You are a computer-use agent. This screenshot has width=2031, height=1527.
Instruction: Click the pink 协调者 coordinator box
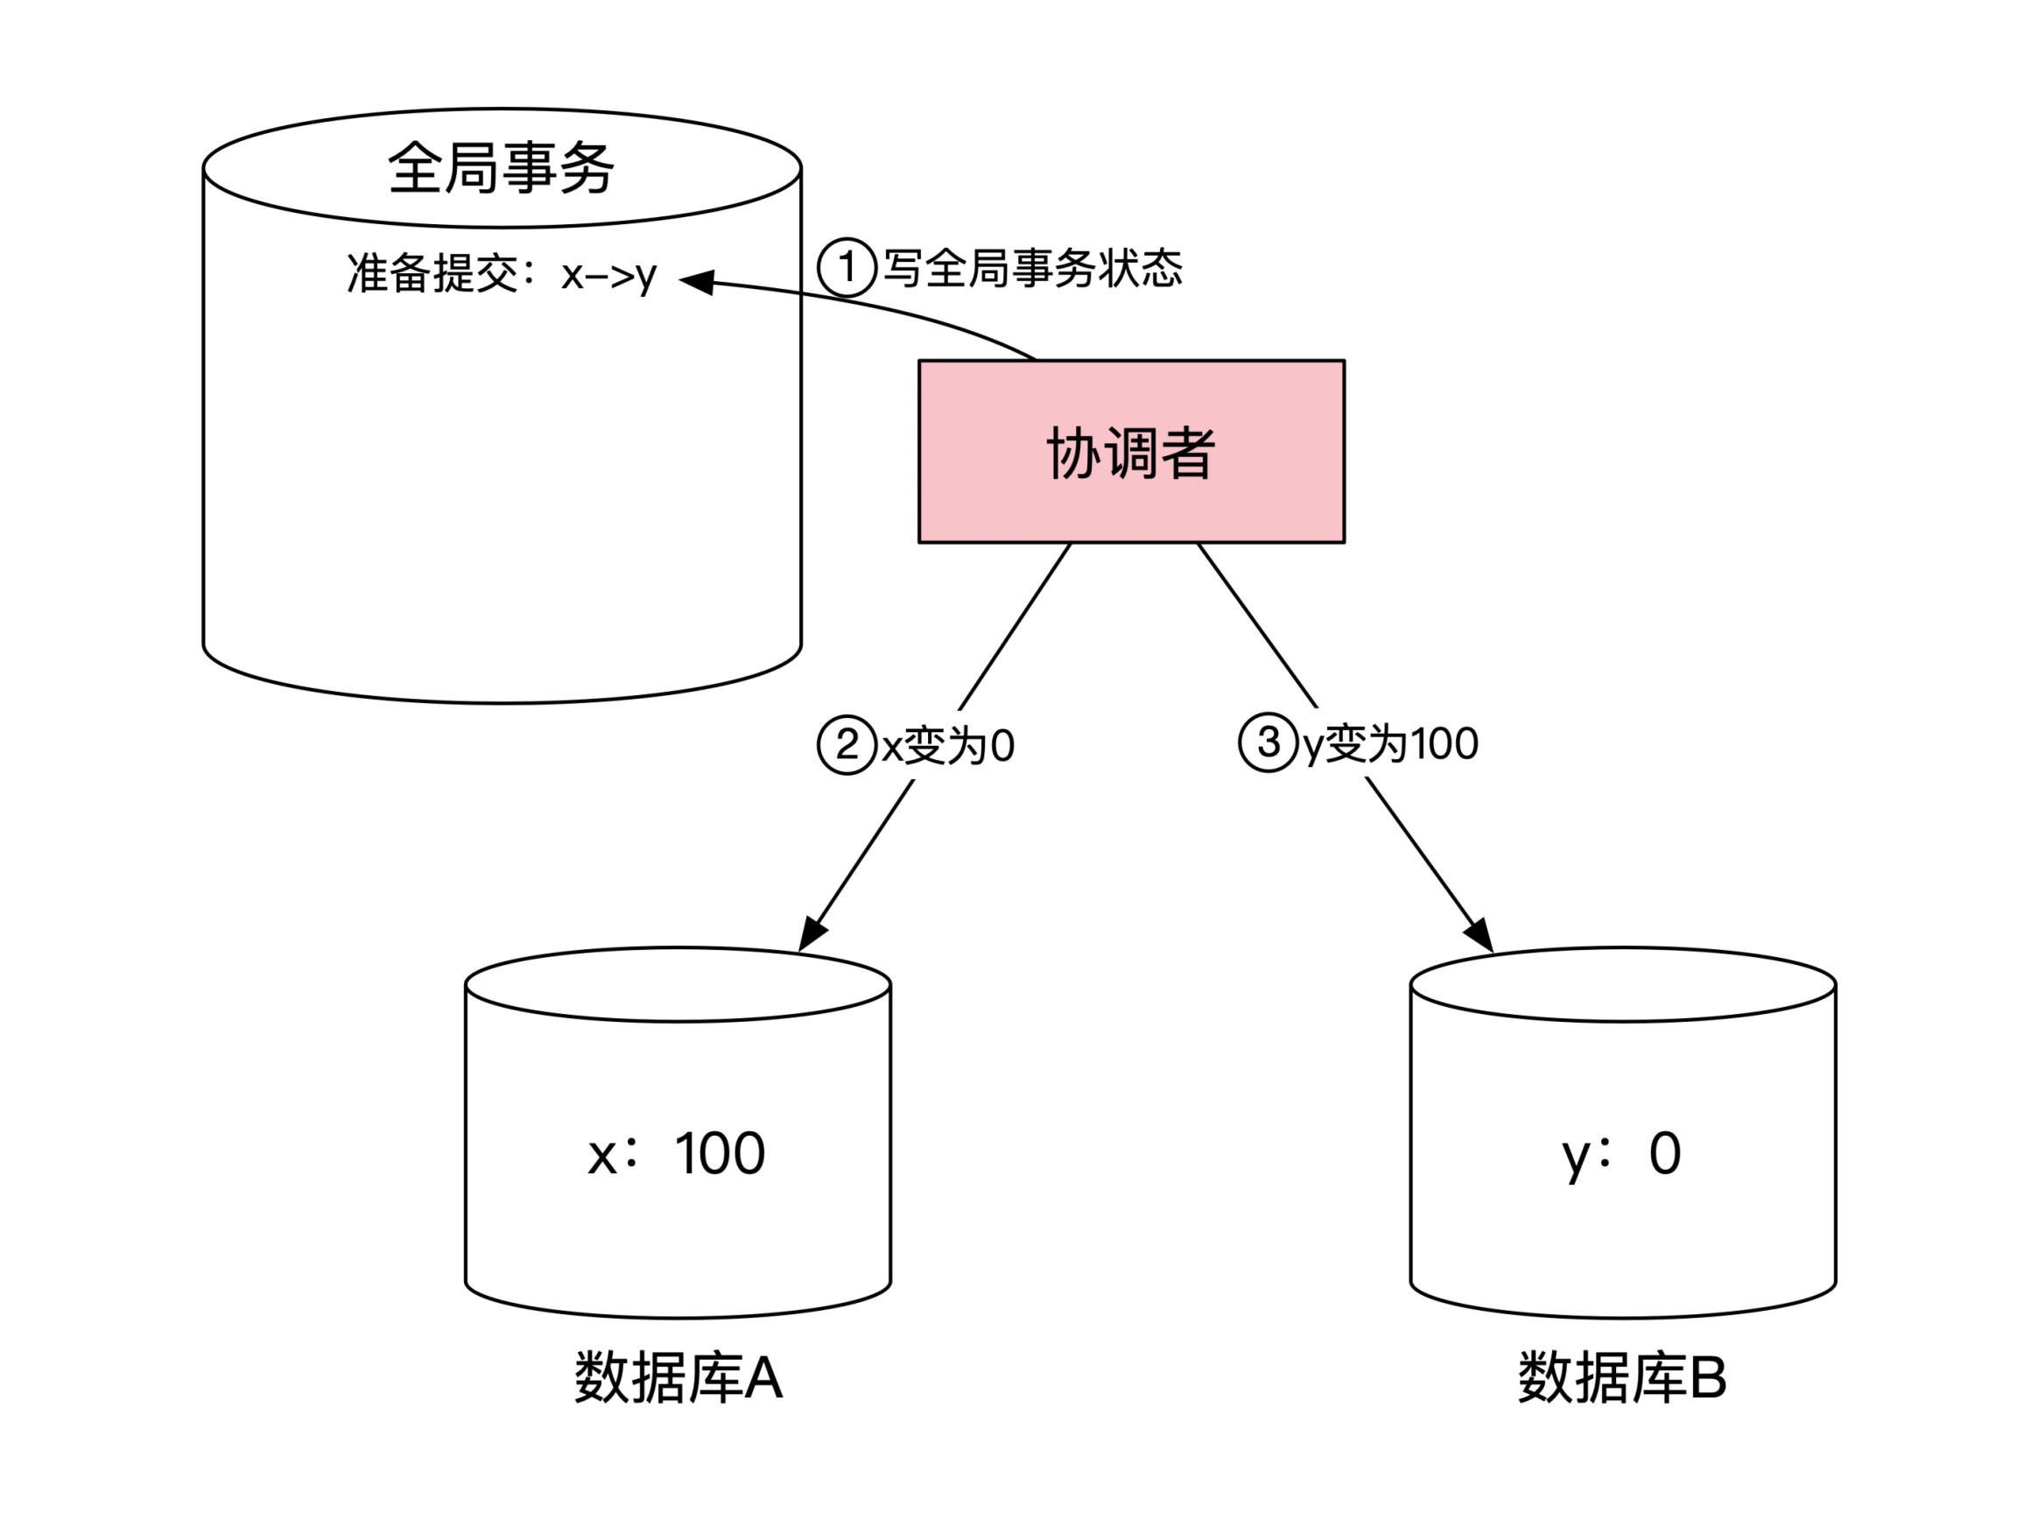pyautogui.click(x=1130, y=452)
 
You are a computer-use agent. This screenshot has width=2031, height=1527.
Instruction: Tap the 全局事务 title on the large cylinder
pyautogui.click(x=501, y=168)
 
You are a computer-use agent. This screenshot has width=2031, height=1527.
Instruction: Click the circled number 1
pyautogui.click(x=846, y=267)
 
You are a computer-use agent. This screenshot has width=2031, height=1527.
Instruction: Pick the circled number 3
pyautogui.click(x=1267, y=742)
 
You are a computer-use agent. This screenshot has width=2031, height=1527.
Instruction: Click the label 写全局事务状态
pyautogui.click(x=1032, y=268)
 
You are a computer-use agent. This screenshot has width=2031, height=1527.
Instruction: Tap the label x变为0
pyautogui.click(x=947, y=745)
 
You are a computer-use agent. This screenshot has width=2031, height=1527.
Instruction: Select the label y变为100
pyautogui.click(x=1390, y=742)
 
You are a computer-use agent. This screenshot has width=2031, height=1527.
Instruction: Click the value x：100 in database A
pyautogui.click(x=677, y=1153)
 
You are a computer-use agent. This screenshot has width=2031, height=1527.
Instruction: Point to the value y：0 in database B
pyautogui.click(x=1621, y=1153)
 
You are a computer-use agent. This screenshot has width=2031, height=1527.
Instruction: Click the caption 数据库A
pyautogui.click(x=678, y=1377)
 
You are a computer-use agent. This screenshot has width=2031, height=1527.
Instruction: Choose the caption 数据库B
pyautogui.click(x=1621, y=1377)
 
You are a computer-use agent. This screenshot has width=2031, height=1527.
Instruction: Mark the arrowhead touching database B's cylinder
pyautogui.click(x=1479, y=935)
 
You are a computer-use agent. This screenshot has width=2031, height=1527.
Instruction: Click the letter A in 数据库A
pyautogui.click(x=763, y=1377)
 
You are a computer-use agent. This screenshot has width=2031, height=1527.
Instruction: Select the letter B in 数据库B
pyautogui.click(x=1707, y=1377)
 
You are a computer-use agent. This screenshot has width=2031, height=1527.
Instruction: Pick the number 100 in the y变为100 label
pyautogui.click(x=1444, y=742)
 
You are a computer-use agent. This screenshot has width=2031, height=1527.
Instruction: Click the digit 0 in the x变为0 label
pyautogui.click(x=1002, y=746)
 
